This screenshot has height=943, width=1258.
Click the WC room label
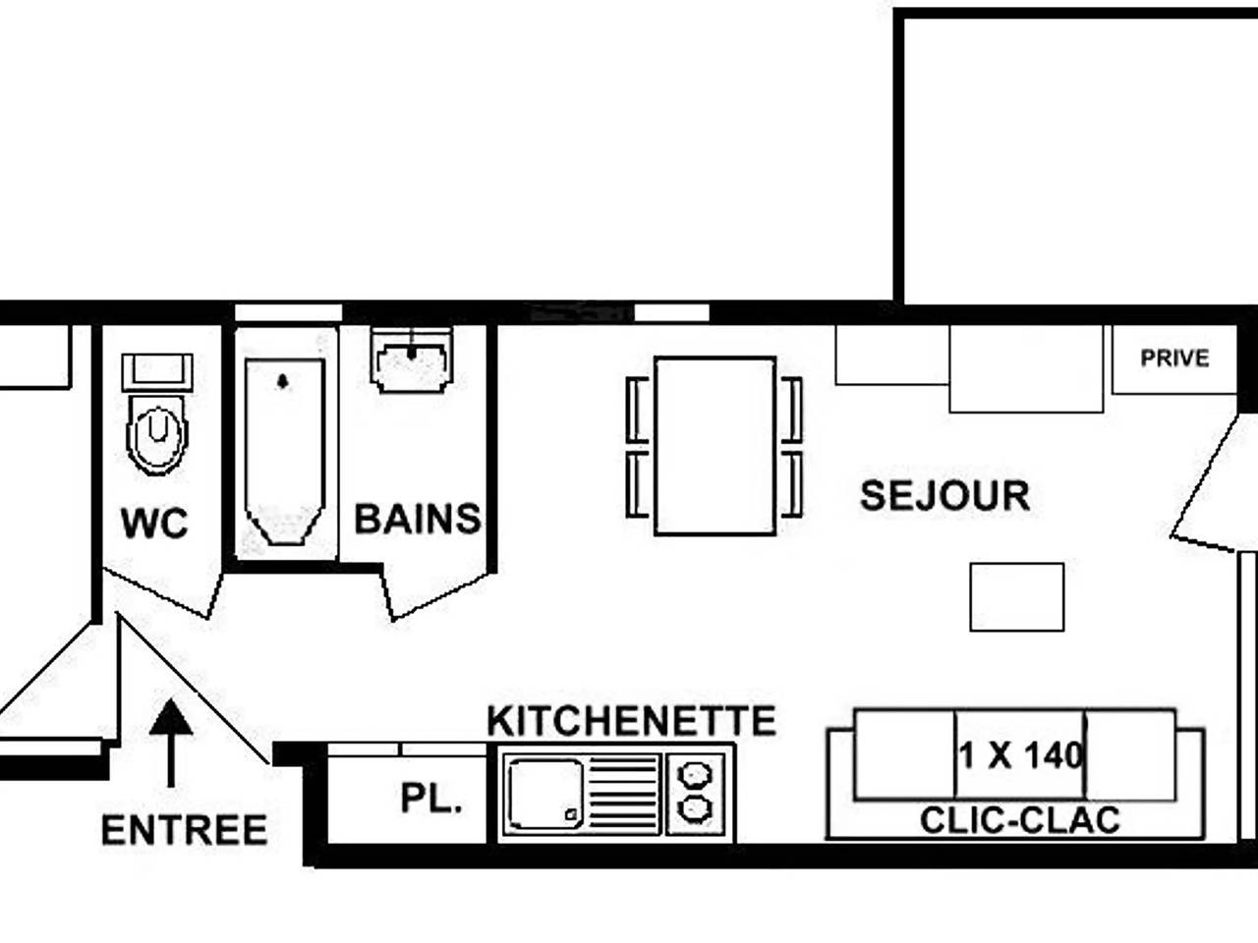(154, 523)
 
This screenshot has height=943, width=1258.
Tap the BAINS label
(418, 519)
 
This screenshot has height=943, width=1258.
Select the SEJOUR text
(944, 496)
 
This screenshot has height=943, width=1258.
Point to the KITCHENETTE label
(632, 721)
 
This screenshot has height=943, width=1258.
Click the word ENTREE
(185, 831)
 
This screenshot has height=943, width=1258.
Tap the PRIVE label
(1174, 359)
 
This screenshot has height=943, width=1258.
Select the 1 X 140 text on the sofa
(1021, 755)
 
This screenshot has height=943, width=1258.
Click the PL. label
(430, 799)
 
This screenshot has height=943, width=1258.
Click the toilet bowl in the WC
(156, 432)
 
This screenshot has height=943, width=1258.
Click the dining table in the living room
(715, 445)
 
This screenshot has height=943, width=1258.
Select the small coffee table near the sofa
(1016, 596)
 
